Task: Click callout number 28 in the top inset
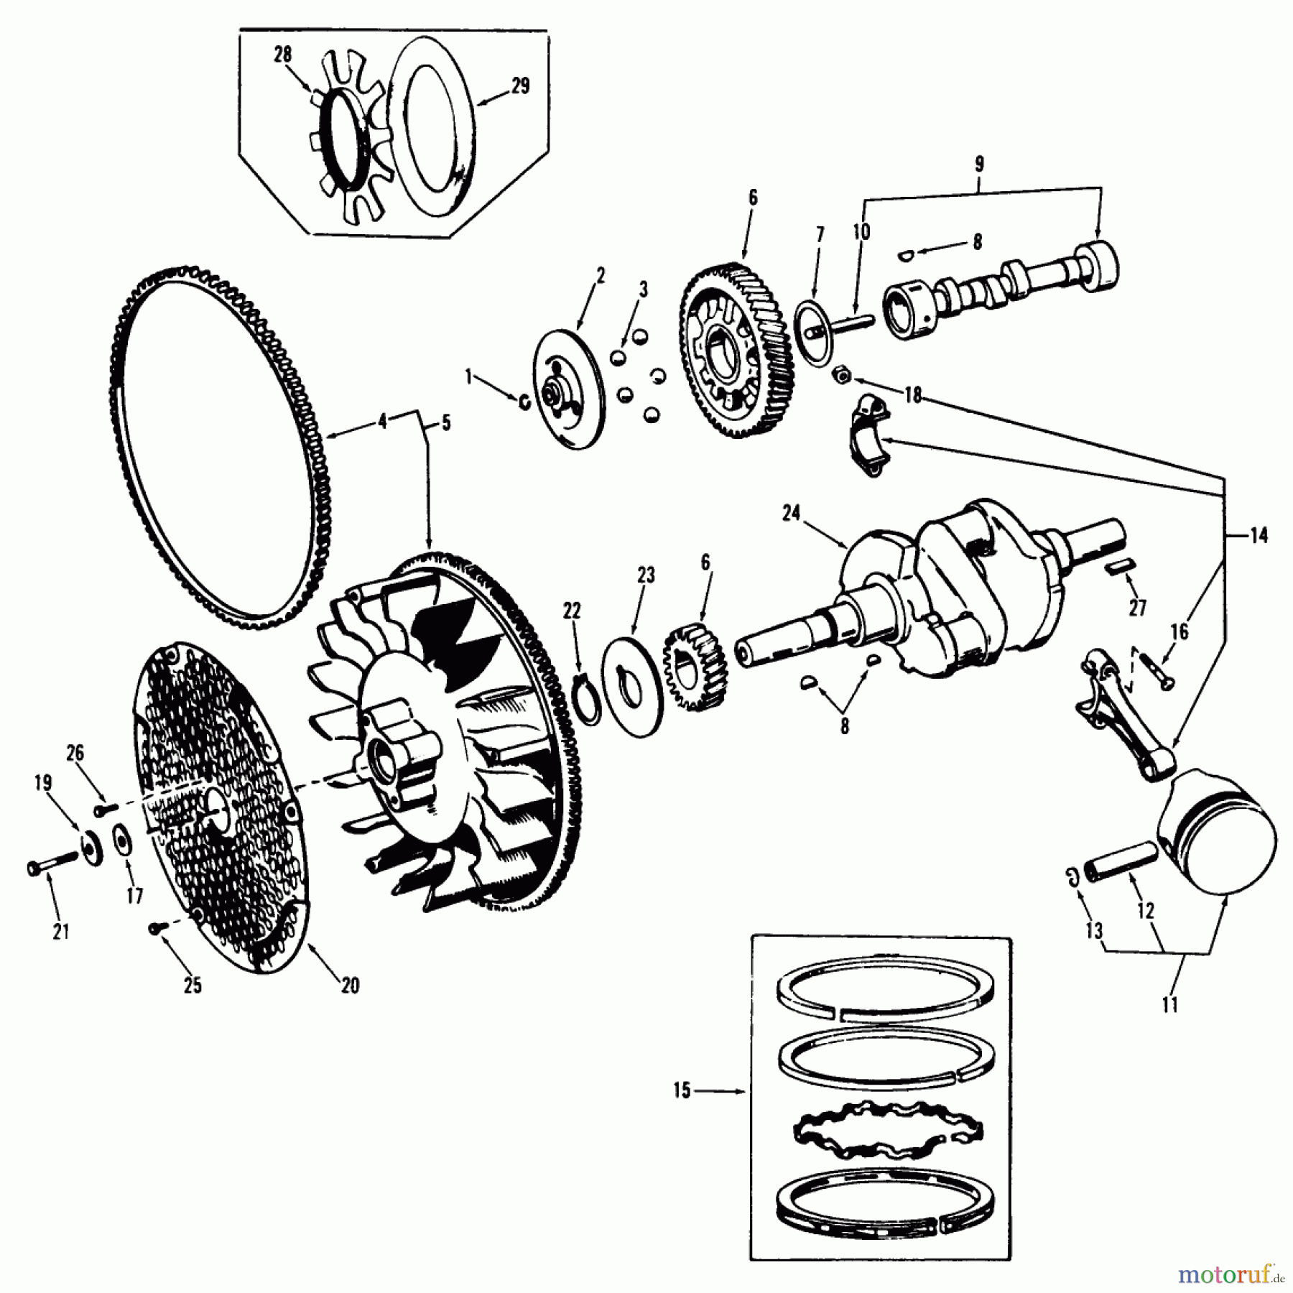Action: click(x=282, y=55)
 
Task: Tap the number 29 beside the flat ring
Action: click(x=520, y=86)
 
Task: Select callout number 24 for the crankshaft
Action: click(x=791, y=514)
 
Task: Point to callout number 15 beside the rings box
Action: click(x=682, y=1091)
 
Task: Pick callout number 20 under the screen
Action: click(x=350, y=986)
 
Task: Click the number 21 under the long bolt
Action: click(x=60, y=932)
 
